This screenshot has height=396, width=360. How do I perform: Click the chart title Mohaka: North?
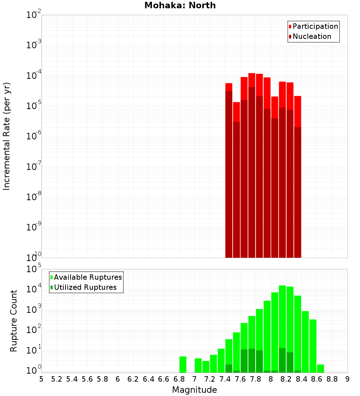coord(180,5)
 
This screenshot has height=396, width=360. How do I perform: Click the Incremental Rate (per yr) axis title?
coord(7,136)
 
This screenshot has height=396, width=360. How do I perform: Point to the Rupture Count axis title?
coord(14,321)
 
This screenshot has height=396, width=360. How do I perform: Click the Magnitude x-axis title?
coord(194,390)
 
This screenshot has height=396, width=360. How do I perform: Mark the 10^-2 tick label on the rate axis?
coord(34,15)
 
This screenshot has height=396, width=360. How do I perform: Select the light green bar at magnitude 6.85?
coord(183,364)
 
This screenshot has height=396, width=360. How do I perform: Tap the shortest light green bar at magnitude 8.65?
coord(320,369)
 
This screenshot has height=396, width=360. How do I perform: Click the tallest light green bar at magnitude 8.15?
coord(282,317)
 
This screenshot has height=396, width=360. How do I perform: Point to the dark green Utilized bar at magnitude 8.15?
coord(282,360)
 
